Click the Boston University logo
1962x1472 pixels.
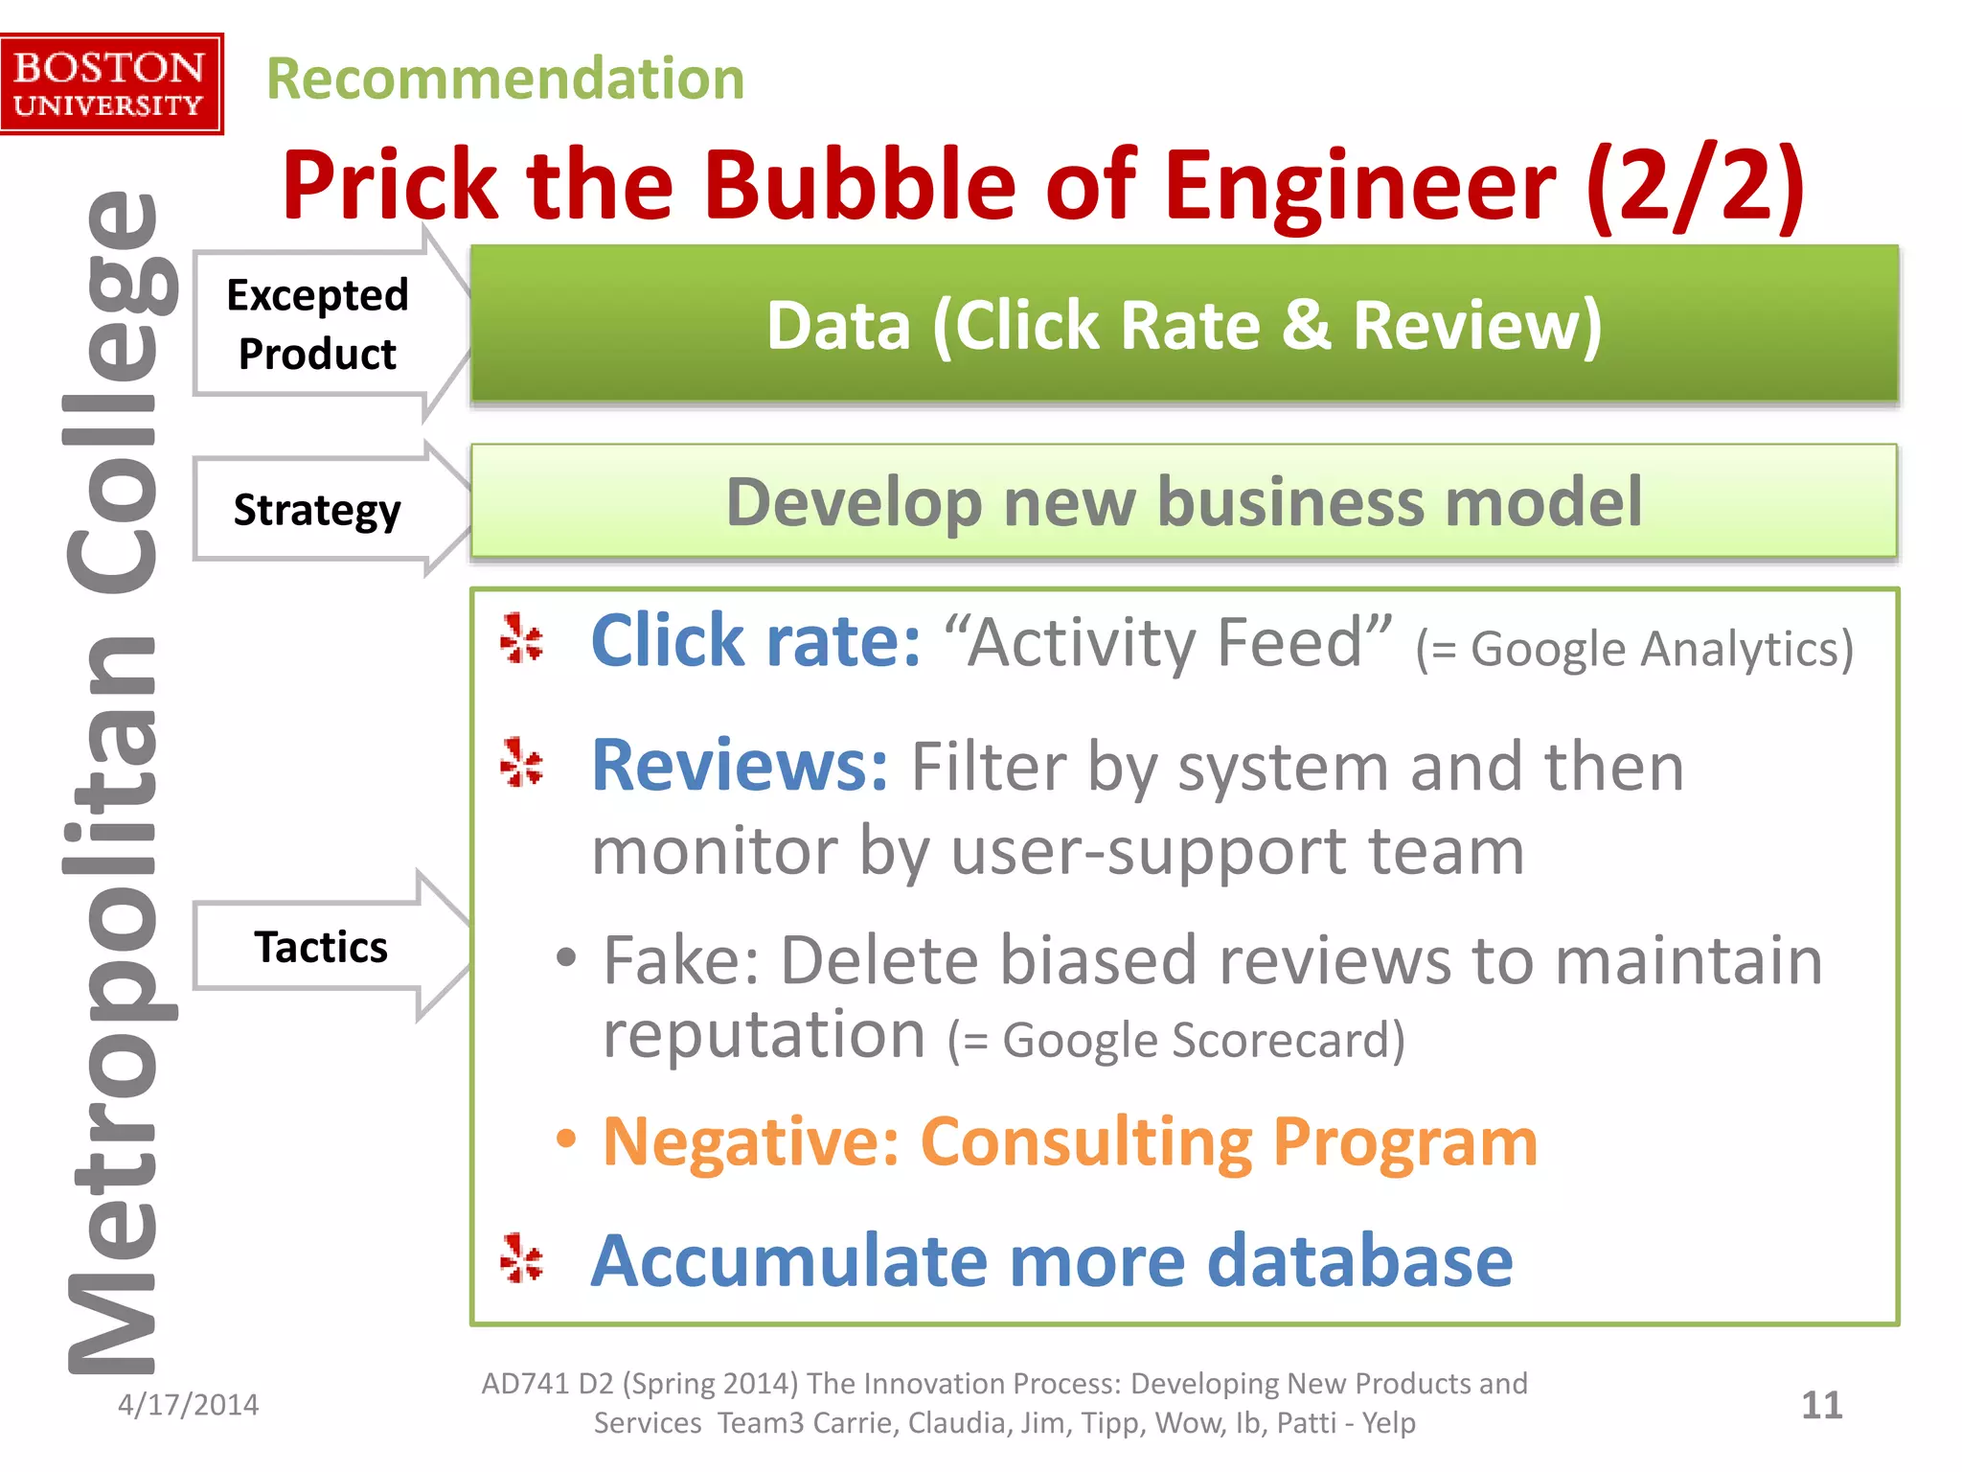111,84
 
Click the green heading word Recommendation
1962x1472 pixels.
505,79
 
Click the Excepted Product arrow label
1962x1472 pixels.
317,324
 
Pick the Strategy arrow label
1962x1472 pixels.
317,509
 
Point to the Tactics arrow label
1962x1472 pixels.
321,947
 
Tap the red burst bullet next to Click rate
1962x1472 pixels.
522,638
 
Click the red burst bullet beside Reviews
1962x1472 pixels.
522,763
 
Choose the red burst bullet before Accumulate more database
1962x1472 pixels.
522,1258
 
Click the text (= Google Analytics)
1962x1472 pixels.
1634,649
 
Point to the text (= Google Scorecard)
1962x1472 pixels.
1175,1040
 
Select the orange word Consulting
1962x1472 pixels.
1086,1141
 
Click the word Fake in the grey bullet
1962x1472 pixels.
679,960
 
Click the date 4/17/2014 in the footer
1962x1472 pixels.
188,1405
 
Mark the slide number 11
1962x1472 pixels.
1821,1406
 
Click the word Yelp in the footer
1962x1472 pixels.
1388,1423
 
